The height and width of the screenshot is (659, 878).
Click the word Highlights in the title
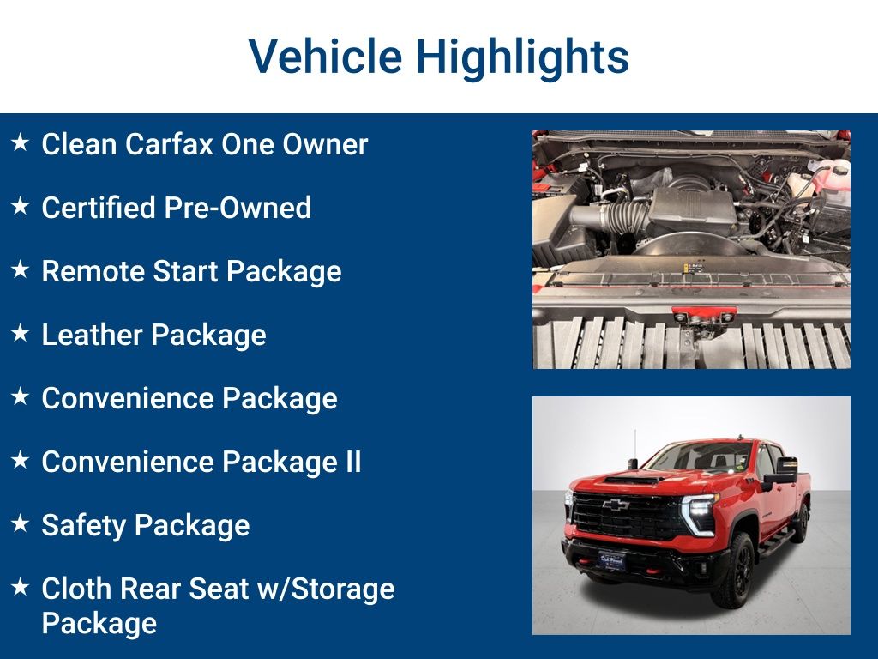[x=522, y=57]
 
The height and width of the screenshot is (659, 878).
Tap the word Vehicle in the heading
[x=325, y=56]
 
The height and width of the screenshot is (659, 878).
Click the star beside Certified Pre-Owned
[x=21, y=206]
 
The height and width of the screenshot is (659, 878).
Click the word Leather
[x=93, y=335]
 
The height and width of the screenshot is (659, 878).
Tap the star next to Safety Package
[x=21, y=523]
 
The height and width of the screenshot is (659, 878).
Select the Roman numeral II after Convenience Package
[x=353, y=462]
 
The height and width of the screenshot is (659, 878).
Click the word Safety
[x=84, y=526]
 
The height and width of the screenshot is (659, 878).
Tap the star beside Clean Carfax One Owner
[x=21, y=142]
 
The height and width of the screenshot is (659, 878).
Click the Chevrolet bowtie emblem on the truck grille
[x=616, y=505]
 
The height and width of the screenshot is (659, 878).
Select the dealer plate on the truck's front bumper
[x=611, y=560]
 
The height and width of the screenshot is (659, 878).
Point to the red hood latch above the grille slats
[x=701, y=315]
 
